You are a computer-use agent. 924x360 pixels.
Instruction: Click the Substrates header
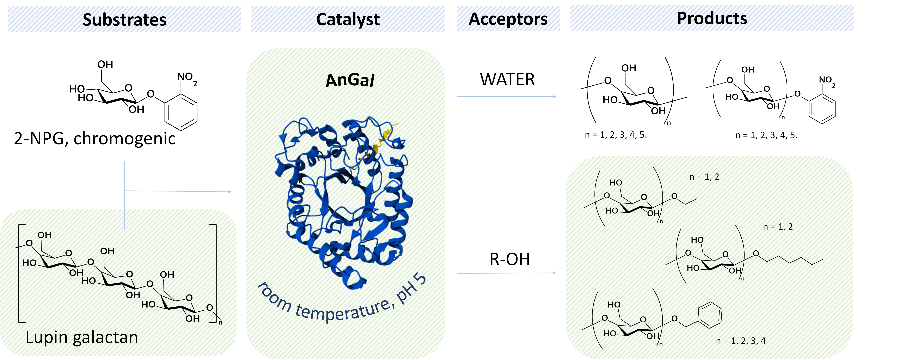pos(124,19)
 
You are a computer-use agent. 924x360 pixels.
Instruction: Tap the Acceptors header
pos(508,19)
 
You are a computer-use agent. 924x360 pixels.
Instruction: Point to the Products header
pos(712,18)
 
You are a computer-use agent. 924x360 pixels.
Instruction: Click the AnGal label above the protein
pos(350,80)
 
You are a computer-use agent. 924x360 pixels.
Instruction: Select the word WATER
pos(507,79)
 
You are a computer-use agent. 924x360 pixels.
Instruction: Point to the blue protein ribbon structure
pos(344,203)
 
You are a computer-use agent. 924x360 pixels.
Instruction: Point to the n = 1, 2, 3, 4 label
pos(741,341)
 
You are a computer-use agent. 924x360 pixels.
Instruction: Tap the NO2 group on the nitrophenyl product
pos(827,81)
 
